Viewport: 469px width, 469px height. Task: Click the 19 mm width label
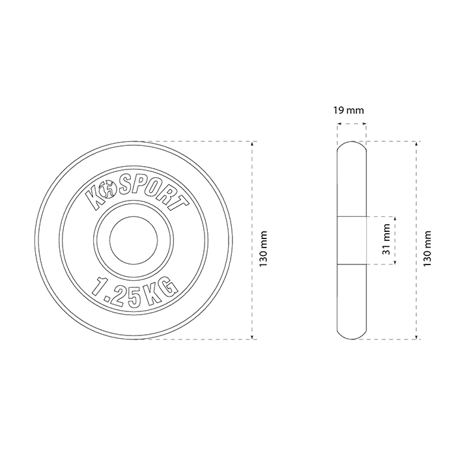tap(348, 111)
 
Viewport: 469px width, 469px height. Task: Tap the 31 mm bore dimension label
tap(387, 239)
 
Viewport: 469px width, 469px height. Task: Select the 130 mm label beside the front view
tap(263, 249)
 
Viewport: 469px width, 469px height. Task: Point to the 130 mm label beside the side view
tap(427, 249)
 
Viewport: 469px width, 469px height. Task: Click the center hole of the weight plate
tap(134, 240)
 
